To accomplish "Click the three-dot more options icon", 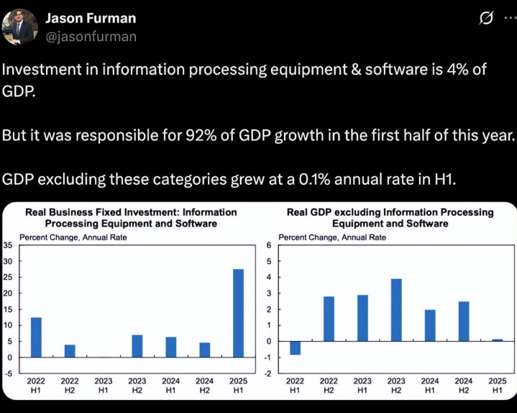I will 508,17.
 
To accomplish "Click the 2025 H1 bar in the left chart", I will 238,313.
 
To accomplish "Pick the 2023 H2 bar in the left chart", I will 137,346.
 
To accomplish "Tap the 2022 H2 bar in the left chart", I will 70,351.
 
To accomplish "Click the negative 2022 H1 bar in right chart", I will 295,348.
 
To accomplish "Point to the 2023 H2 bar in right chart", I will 396,310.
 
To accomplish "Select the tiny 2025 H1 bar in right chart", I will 497,340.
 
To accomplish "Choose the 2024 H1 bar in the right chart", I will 430,325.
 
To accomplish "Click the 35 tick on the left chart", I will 8,245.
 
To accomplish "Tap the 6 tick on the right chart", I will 268,245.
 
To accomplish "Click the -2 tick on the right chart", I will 267,373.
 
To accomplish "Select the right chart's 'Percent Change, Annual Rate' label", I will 322,237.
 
